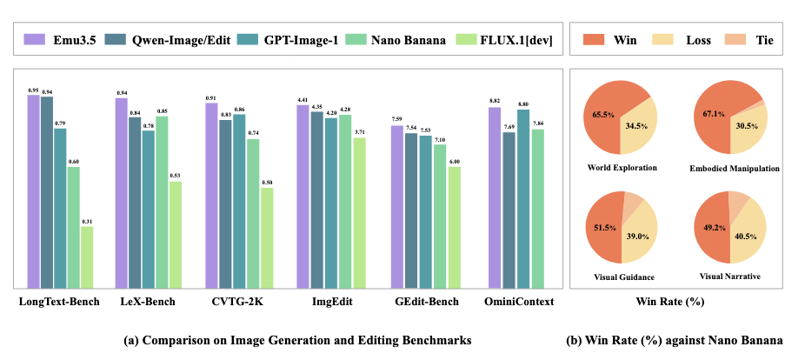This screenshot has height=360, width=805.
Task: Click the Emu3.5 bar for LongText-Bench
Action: [33, 191]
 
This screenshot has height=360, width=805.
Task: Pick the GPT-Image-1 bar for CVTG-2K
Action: [239, 201]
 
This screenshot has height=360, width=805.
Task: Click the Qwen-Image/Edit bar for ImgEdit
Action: [316, 200]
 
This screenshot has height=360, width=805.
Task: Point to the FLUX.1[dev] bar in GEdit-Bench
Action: [454, 227]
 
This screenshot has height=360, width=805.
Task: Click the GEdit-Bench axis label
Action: [426, 303]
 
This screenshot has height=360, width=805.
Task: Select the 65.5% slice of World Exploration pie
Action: [602, 113]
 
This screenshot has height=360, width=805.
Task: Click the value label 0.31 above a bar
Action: [87, 222]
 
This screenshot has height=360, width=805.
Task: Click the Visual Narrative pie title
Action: [729, 277]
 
